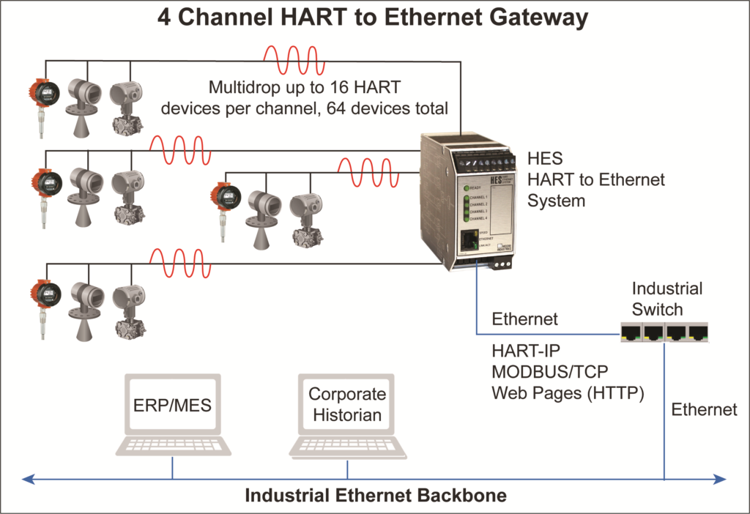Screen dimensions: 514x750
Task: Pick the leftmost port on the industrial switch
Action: point(631,334)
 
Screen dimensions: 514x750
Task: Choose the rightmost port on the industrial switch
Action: point(699,334)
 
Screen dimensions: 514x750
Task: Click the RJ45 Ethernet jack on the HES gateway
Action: point(467,241)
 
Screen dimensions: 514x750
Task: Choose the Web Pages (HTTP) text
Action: point(568,393)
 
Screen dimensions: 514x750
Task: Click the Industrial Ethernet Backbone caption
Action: point(375,496)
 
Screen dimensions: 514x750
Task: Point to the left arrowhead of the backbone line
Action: point(28,480)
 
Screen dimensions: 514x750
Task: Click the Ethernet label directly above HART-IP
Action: point(524,319)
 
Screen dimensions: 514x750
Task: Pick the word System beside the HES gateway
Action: point(557,200)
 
